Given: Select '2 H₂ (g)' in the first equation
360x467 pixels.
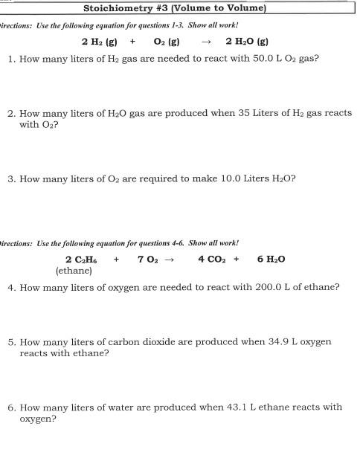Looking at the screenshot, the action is coord(100,42).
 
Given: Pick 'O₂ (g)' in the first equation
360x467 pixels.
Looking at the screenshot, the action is coord(165,42).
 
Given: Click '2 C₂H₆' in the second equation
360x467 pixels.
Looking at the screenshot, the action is coord(80,260).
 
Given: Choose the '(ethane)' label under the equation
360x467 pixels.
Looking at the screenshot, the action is coord(74,271).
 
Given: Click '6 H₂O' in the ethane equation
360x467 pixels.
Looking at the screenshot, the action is coord(271,260).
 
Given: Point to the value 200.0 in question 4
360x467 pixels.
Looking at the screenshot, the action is coord(279,286).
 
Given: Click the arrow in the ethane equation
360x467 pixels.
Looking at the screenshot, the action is coord(169,260).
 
